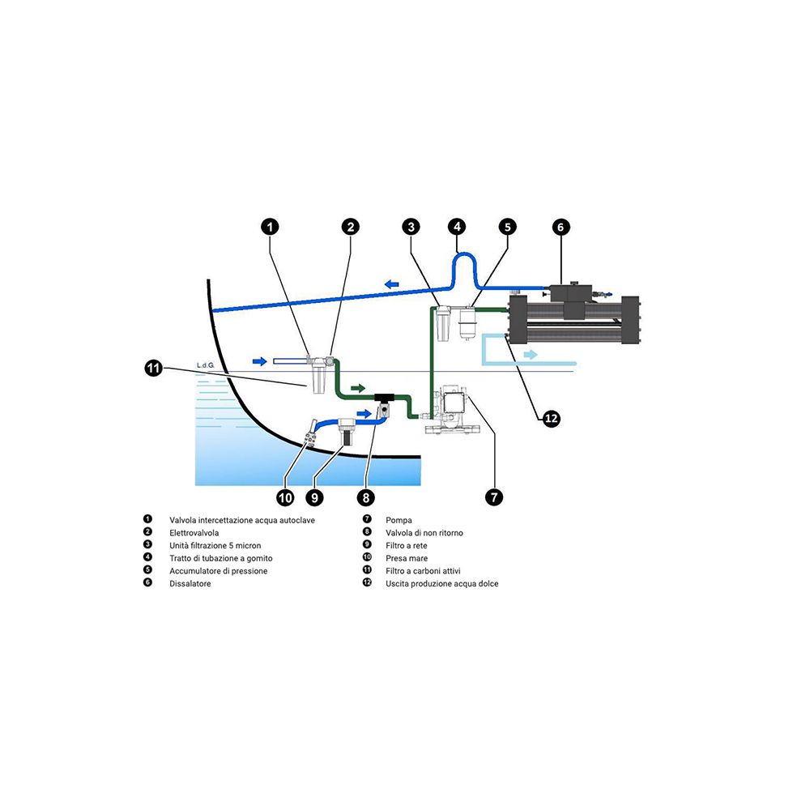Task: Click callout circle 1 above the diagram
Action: pyautogui.click(x=271, y=228)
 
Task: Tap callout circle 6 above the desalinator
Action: pyautogui.click(x=561, y=228)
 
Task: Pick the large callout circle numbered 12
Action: pyautogui.click(x=551, y=418)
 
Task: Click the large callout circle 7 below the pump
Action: pyautogui.click(x=494, y=497)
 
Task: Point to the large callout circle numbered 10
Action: pyautogui.click(x=285, y=497)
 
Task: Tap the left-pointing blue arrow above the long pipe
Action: pyautogui.click(x=392, y=283)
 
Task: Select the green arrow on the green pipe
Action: pyautogui.click(x=357, y=389)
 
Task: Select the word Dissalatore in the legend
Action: pyautogui.click(x=190, y=583)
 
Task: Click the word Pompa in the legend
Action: pyautogui.click(x=399, y=519)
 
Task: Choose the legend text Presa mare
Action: pyautogui.click(x=407, y=558)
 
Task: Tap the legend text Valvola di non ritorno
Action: pyautogui.click(x=424, y=532)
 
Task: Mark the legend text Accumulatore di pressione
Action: pyautogui.click(x=218, y=571)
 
